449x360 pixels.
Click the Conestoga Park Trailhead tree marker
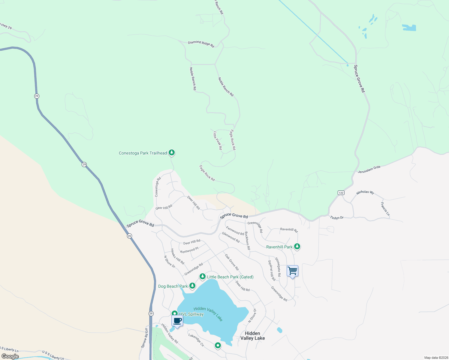point(172,153)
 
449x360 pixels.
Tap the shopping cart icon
point(292,271)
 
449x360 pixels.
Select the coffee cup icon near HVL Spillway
point(177,321)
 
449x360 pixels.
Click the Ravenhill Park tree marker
point(297,247)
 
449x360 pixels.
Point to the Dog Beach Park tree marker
point(192,286)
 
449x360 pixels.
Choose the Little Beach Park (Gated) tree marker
point(203,276)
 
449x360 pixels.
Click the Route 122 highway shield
point(341,193)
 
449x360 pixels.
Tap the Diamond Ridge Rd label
point(201,44)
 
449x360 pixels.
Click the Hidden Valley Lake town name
point(252,336)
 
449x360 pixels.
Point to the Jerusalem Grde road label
point(369,169)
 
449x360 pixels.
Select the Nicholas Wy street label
point(365,192)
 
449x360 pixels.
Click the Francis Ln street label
point(385,209)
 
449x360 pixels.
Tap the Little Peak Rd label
point(218,140)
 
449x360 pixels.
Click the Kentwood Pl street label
point(189,250)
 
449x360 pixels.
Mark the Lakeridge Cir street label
point(196,340)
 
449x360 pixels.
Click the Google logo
point(10,356)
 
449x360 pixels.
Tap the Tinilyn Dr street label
point(337,217)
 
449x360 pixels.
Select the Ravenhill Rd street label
point(289,230)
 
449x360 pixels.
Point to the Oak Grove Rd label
point(232,262)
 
